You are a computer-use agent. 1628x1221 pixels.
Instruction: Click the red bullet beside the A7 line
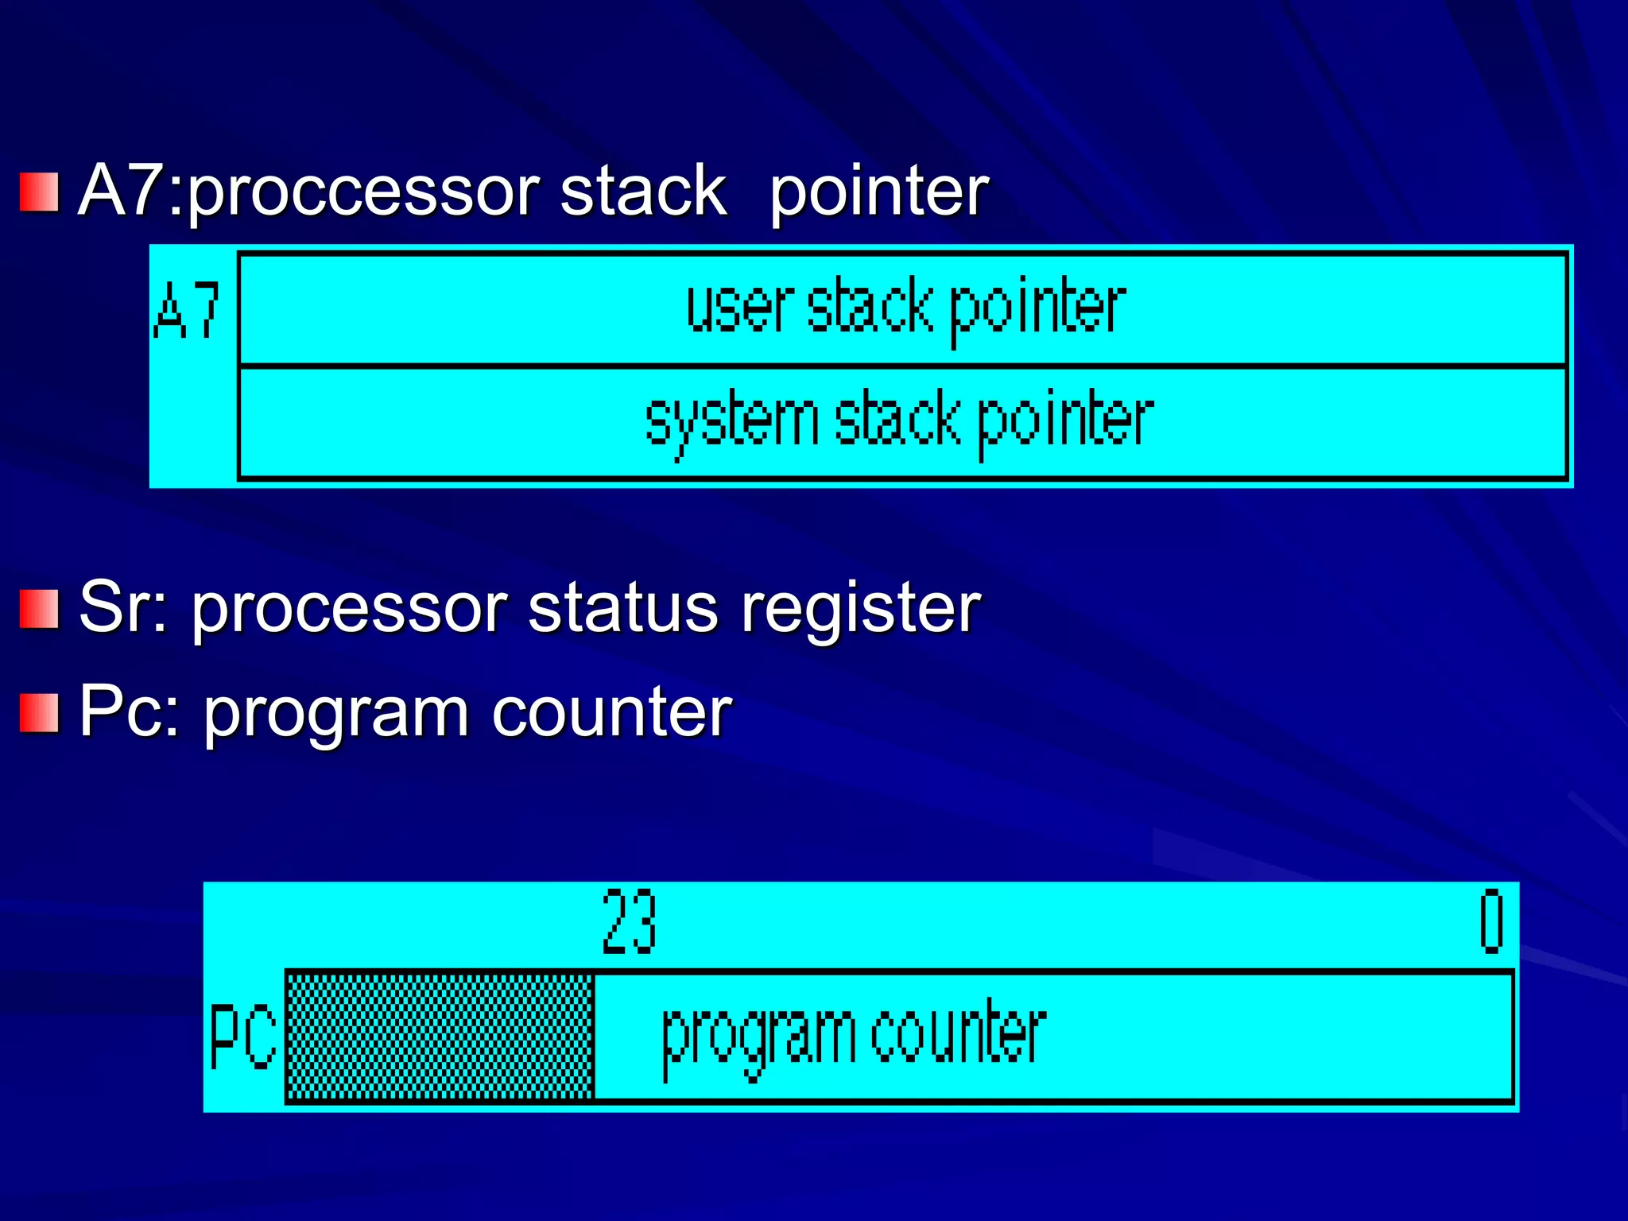(39, 192)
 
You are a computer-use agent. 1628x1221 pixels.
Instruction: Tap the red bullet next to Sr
(39, 609)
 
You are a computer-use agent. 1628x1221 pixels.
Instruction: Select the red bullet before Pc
(39, 713)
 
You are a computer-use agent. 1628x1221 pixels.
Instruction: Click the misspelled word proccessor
(364, 192)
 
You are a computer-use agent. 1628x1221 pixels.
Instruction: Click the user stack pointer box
(903, 309)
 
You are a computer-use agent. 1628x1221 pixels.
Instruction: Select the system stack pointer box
(903, 422)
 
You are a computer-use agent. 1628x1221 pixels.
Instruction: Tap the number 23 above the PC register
(629, 922)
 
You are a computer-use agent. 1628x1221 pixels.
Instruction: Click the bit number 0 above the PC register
(1491, 922)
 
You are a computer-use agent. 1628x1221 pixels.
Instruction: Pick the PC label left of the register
(242, 1037)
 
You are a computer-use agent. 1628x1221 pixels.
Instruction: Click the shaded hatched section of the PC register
(440, 1036)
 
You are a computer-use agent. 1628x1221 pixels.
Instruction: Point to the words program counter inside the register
(854, 1036)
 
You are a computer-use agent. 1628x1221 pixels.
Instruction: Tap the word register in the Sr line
(861, 610)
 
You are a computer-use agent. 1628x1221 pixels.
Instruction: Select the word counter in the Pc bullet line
(611, 713)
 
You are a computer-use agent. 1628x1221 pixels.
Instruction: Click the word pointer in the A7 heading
(878, 192)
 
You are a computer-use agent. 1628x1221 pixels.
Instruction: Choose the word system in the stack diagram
(731, 422)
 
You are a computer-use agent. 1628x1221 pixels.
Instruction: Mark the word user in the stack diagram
(740, 309)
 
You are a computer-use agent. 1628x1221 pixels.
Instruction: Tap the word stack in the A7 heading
(643, 192)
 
